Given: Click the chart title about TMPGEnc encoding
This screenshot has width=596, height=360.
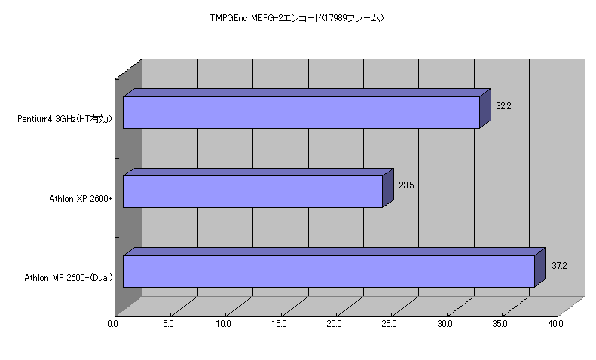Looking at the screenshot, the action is coord(297,18).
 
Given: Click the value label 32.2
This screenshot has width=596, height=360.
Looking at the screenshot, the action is coord(503,106).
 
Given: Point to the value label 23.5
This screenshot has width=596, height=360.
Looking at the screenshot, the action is coord(406,185).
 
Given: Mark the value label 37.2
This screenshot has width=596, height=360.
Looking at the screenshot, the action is coord(559,266).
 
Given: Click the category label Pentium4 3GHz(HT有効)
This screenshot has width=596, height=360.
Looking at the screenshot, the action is coord(65,119).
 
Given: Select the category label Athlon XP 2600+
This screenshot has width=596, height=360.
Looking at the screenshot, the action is coord(81,199).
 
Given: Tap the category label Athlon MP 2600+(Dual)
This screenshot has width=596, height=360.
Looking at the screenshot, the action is coord(69,278).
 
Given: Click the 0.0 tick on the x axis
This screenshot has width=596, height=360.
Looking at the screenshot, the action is coord(112,324).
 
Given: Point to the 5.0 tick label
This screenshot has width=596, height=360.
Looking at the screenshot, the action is coord(168,324).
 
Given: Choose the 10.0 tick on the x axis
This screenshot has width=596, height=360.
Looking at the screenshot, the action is coord(223,324).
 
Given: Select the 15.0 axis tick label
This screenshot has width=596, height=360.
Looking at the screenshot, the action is coord(279,324).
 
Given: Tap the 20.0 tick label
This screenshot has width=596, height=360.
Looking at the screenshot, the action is coord(334,324).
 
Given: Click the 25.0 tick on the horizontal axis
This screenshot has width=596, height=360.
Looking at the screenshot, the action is coord(389,324).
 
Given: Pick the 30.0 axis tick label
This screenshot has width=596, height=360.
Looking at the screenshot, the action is coord(445,324).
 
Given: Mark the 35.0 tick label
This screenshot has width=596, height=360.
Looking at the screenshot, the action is coord(500,324).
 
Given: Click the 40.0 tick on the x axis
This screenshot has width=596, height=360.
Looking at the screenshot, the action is coord(555,324).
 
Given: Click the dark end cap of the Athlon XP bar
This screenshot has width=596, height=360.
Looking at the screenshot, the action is coord(388,188).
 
